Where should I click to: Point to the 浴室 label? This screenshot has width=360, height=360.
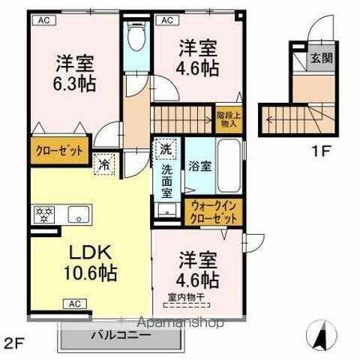(199, 166)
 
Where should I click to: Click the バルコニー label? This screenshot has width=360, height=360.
(121, 335)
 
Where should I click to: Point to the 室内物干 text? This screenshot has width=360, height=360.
(187, 296)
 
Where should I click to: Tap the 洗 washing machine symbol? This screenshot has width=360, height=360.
(164, 148)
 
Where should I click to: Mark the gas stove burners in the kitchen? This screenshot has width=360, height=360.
(42, 214)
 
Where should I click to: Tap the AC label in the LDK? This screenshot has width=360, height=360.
(75, 304)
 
